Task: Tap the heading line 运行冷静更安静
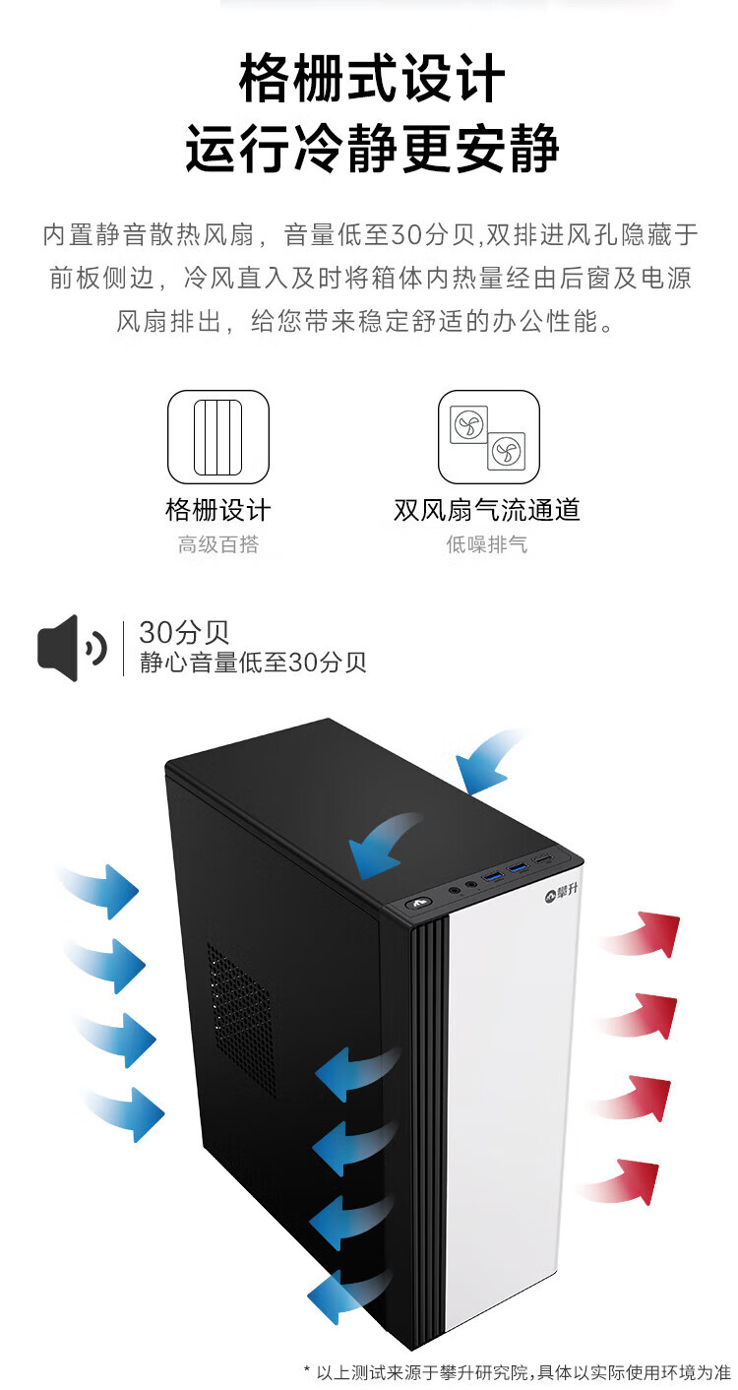[372, 150]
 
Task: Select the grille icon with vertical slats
[217, 437]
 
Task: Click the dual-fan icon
[488, 437]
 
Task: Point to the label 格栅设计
[217, 510]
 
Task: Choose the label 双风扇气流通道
[487, 510]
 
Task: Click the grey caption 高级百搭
[217, 544]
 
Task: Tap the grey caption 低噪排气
[487, 544]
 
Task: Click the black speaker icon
[72, 648]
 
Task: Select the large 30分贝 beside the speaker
[184, 632]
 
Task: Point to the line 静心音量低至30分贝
[253, 662]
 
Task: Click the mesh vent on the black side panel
[240, 1019]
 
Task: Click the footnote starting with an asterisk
[518, 1371]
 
